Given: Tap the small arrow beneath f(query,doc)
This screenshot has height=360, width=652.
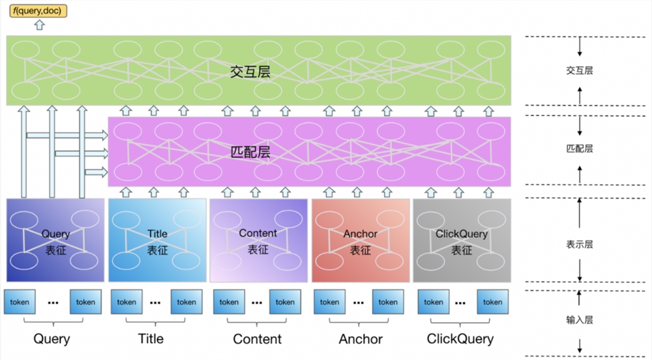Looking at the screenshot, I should click(x=39, y=25).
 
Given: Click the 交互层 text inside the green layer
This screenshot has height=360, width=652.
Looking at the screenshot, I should click(x=250, y=72).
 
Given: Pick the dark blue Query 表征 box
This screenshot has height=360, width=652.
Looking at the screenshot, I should click(x=55, y=240).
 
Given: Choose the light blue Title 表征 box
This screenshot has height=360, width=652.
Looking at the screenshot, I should click(x=157, y=240).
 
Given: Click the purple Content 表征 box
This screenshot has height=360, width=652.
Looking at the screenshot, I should click(x=258, y=240).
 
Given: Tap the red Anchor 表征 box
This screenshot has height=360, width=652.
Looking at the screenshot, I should click(x=361, y=240).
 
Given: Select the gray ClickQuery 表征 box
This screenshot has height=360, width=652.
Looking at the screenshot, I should click(x=462, y=240).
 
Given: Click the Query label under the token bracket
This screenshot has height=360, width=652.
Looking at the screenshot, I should click(x=52, y=339).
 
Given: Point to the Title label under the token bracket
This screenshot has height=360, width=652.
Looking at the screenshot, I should click(x=151, y=339).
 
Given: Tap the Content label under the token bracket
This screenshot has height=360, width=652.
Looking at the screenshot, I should click(x=258, y=339).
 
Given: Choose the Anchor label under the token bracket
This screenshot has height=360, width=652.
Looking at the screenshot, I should click(x=361, y=339).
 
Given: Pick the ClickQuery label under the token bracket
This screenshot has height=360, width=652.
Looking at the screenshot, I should click(x=460, y=339).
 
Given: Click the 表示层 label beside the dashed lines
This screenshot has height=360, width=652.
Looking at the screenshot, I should click(x=580, y=245).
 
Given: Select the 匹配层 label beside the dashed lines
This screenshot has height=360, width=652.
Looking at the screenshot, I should click(x=580, y=149).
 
